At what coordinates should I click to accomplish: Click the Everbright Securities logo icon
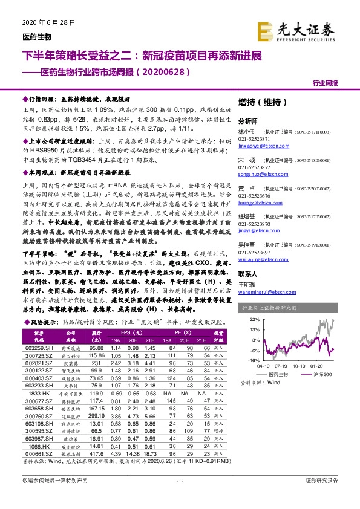(266, 30)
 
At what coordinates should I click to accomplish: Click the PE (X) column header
(184, 332)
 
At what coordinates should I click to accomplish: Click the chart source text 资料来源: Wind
(260, 383)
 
